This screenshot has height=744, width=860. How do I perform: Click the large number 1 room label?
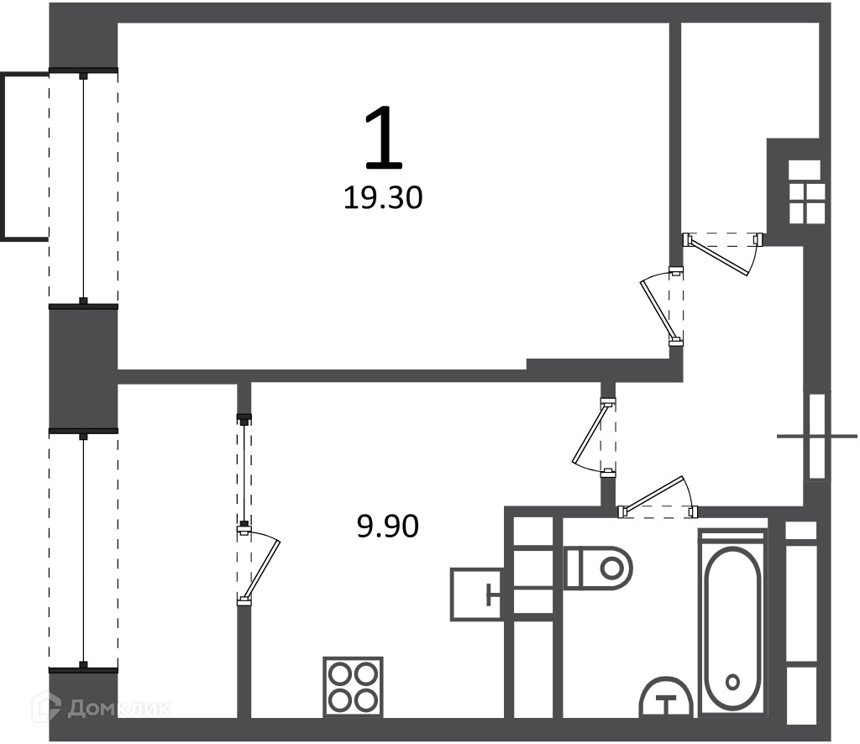[384, 137]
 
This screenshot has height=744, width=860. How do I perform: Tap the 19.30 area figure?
[383, 198]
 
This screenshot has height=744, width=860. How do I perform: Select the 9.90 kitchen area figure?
[388, 527]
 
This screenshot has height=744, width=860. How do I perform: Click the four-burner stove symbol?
[354, 686]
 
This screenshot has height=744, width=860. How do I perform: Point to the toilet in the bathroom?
[598, 568]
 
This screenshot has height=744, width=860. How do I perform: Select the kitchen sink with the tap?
[476, 595]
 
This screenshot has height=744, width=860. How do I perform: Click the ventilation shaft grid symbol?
[805, 191]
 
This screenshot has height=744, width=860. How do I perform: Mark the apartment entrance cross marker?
[816, 437]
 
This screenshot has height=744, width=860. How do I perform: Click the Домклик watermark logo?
[102, 709]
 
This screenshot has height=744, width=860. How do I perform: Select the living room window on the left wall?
[83, 187]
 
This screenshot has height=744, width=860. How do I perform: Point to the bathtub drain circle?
[732, 683]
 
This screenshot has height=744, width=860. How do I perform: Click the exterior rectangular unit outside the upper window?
[24, 157]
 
